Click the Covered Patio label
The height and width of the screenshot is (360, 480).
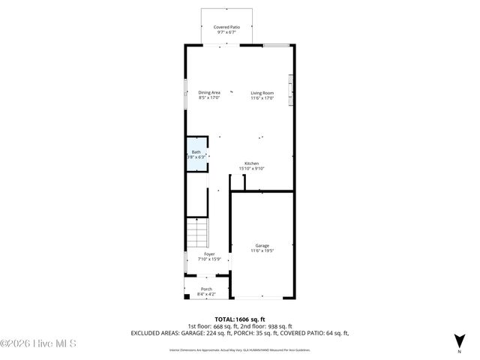(x=226, y=26)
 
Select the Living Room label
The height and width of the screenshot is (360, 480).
(x=262, y=92)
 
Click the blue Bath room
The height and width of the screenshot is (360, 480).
(x=196, y=154)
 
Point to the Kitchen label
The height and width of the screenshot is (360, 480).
(x=251, y=163)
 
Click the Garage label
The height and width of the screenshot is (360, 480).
(x=262, y=245)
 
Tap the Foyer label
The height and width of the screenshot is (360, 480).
(x=209, y=253)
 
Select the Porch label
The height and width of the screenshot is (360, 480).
(x=206, y=289)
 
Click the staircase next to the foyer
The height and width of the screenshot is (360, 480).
(x=196, y=233)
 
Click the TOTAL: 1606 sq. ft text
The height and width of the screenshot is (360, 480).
(x=240, y=319)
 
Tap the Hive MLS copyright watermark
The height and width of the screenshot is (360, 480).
(x=38, y=344)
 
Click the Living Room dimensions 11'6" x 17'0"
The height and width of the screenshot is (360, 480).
(x=262, y=97)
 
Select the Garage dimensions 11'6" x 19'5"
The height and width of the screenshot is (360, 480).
(x=262, y=250)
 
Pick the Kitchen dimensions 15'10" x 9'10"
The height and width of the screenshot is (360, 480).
(x=251, y=169)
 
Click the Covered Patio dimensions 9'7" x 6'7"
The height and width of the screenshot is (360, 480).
(x=226, y=31)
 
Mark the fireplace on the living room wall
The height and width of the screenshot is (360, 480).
(x=292, y=90)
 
